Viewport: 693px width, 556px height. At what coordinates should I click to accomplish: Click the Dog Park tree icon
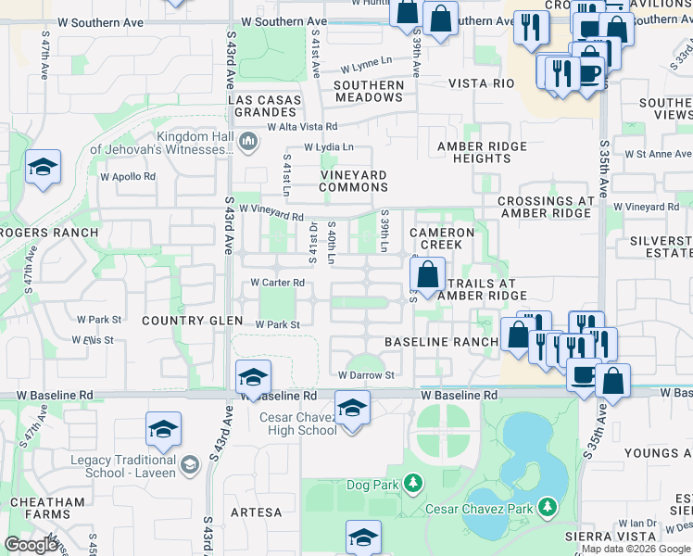(x=412, y=483)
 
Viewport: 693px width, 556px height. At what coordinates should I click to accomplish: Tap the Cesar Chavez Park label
(x=478, y=508)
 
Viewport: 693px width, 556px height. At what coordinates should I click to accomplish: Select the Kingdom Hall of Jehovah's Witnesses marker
(x=246, y=142)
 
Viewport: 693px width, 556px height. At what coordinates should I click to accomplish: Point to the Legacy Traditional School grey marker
(x=190, y=465)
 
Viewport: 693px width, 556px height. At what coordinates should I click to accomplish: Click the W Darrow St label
(x=366, y=375)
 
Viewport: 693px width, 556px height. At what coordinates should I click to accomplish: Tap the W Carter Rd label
(x=278, y=283)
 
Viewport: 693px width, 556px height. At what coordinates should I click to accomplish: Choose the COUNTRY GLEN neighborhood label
(x=184, y=320)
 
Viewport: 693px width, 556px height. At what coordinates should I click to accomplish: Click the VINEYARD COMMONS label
(x=353, y=181)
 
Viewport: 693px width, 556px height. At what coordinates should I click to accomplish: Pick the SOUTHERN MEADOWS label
(x=369, y=91)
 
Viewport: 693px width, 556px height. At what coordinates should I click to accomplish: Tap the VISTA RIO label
(x=481, y=83)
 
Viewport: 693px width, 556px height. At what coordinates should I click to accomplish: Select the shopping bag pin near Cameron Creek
(x=427, y=274)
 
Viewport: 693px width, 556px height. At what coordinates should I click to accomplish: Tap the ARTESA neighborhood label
(x=256, y=512)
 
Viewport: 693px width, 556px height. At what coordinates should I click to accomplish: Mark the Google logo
(x=30, y=545)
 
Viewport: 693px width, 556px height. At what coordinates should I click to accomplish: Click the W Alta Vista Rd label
(x=302, y=127)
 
